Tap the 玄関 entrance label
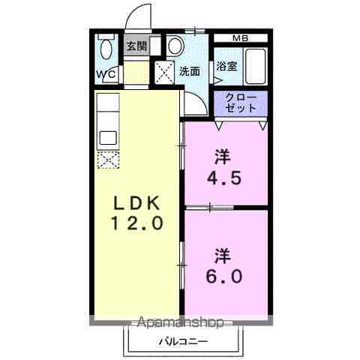pyautogui.click(x=136, y=46)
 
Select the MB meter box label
pyautogui.click(x=239, y=38)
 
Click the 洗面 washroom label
pyautogui.click(x=189, y=71)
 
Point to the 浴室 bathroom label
pyautogui.click(x=227, y=66)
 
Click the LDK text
pyautogui.click(x=136, y=202)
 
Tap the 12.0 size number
pyautogui.click(x=136, y=223)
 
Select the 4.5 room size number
pyautogui.click(x=222, y=178)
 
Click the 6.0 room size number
pyautogui.click(x=222, y=275)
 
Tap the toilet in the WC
pyautogui.click(x=106, y=49)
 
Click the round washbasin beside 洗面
pyautogui.click(x=175, y=46)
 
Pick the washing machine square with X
pyautogui.click(x=164, y=72)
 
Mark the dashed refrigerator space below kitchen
pyautogui.click(x=108, y=160)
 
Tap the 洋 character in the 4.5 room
pyautogui.click(x=222, y=157)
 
